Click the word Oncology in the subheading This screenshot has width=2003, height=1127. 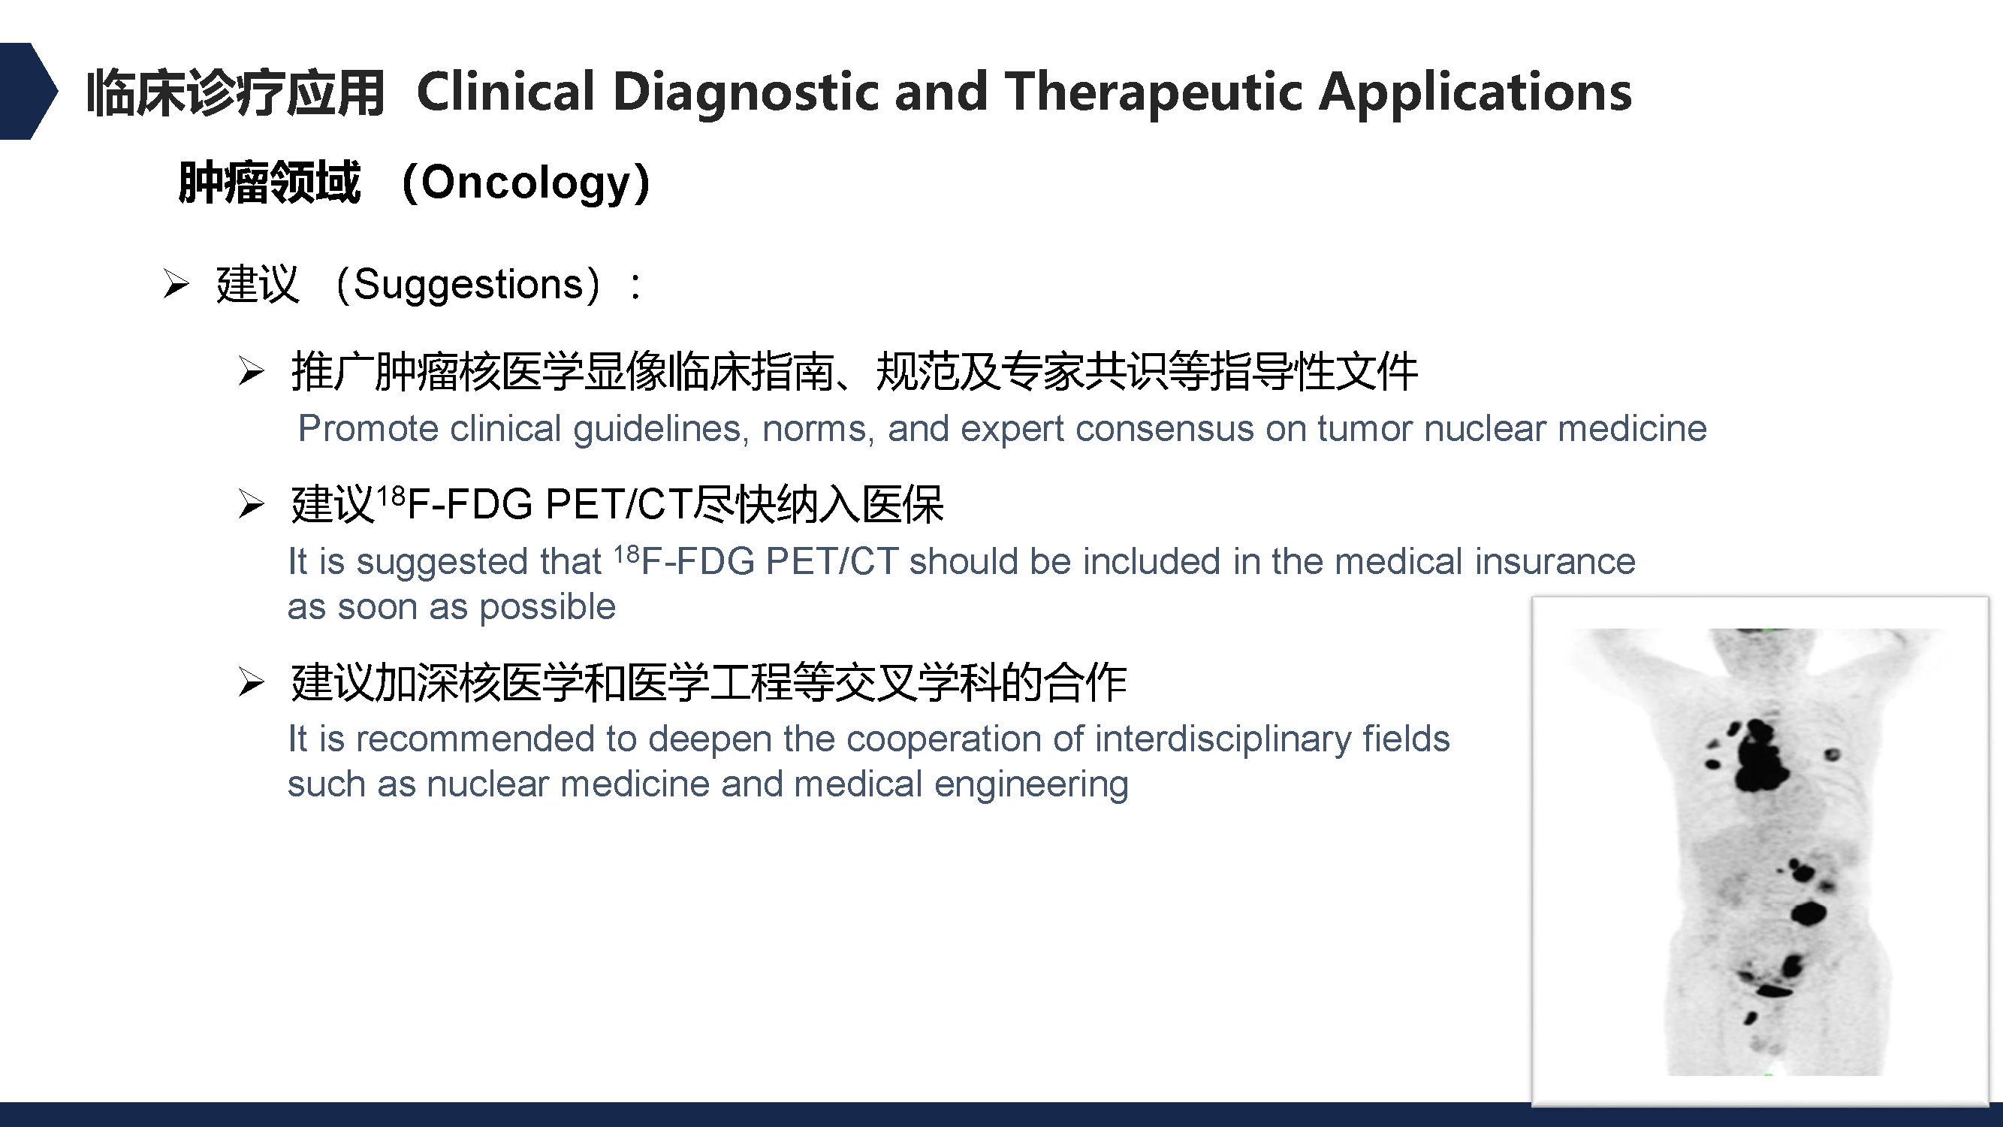(526, 183)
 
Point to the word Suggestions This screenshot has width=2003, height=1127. (467, 285)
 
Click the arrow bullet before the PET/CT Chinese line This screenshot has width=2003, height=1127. (252, 504)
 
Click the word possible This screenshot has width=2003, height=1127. (548, 607)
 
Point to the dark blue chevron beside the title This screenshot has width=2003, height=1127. (29, 91)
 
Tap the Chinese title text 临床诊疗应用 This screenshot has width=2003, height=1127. (235, 93)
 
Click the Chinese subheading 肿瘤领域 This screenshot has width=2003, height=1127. (269, 183)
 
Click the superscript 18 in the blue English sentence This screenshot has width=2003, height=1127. (626, 554)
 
